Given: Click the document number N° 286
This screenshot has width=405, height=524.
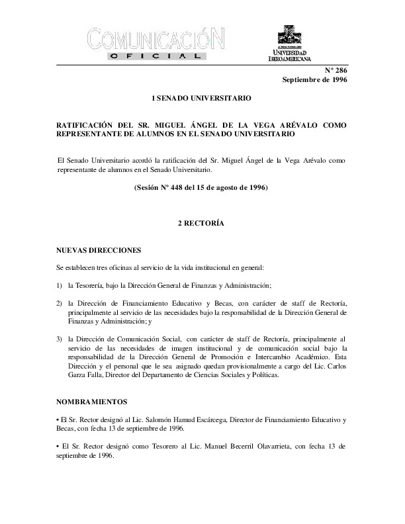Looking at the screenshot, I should (336, 70).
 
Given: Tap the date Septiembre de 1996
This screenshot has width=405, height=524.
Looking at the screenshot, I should (314, 80).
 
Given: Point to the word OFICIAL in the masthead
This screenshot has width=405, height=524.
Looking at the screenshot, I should (157, 57).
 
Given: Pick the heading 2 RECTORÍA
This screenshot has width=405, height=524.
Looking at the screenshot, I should (201, 224).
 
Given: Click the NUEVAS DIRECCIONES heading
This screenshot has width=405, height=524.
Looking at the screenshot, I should (99, 251).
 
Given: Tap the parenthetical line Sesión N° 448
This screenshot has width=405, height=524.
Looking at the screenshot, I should (201, 188).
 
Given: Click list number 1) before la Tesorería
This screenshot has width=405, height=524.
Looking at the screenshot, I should (60, 285).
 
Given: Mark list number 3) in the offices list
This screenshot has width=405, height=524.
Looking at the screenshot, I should (60, 338).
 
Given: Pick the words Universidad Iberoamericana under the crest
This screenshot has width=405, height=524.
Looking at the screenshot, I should (289, 56).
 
